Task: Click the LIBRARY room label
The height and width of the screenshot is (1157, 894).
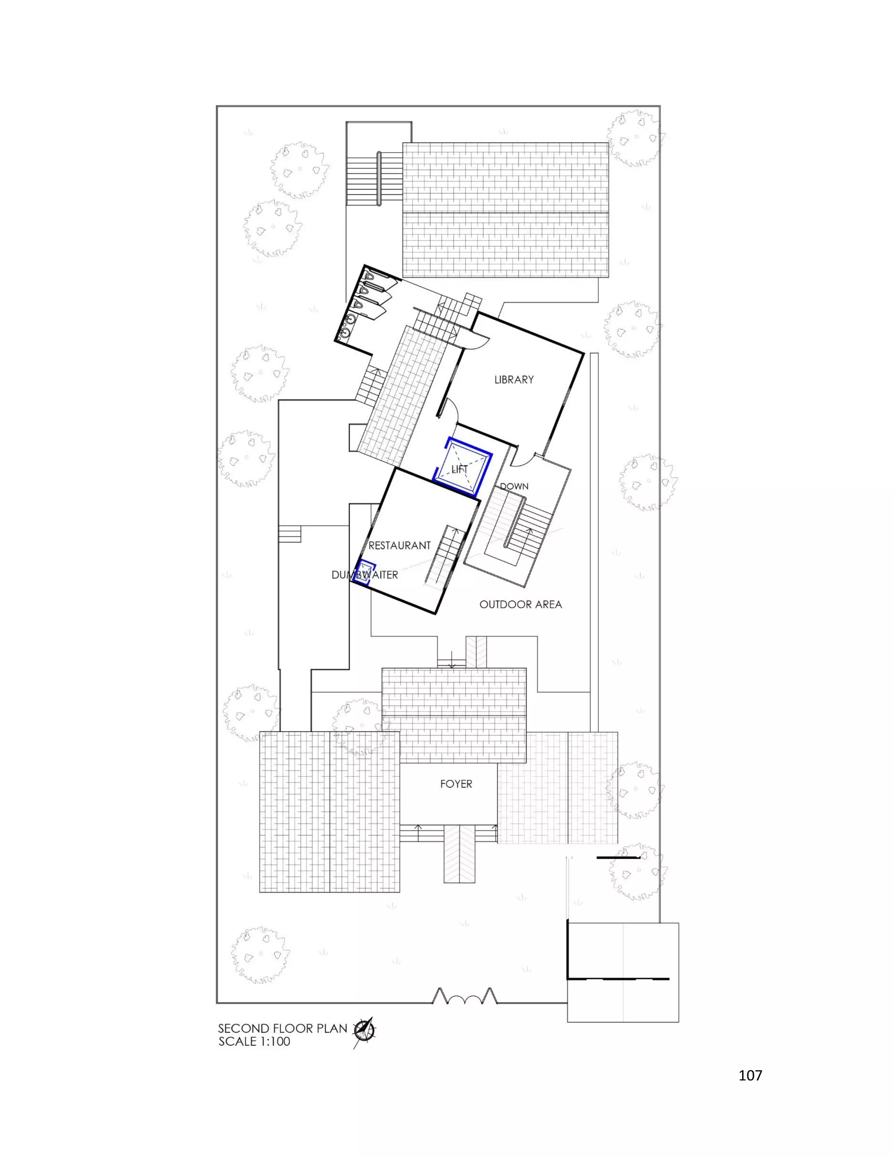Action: point(514,380)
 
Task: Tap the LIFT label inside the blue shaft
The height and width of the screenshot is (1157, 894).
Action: point(459,469)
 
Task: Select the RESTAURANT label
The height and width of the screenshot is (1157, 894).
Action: point(400,545)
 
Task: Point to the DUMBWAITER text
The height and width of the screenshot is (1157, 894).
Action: point(364,575)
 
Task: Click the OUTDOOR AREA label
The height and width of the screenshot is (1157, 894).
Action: point(521,604)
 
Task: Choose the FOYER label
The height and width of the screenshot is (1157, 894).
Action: point(456,784)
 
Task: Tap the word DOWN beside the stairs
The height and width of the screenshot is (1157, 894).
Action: point(514,486)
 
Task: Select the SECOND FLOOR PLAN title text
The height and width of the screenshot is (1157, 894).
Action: point(282,1029)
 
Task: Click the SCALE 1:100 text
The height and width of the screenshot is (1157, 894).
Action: point(254,1041)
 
